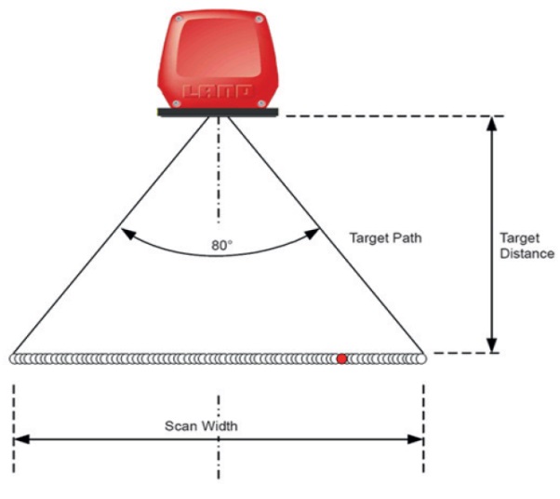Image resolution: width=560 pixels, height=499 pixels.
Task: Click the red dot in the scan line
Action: pyautogui.click(x=341, y=358)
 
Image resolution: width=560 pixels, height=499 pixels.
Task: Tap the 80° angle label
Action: pyautogui.click(x=221, y=245)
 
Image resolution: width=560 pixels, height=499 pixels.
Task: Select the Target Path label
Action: pyautogui.click(x=385, y=237)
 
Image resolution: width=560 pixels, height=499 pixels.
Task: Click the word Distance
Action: pyautogui.click(x=527, y=253)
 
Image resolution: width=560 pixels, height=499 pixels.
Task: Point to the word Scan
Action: pyautogui.click(x=180, y=425)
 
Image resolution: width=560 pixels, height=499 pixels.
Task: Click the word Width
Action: pyautogui.click(x=219, y=425)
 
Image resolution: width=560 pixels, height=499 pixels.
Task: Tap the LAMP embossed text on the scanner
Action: pyautogui.click(x=217, y=91)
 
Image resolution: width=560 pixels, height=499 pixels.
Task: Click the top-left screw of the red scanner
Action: pyautogui.click(x=180, y=19)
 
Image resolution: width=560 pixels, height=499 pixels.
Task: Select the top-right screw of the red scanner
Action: pyautogui.click(x=259, y=19)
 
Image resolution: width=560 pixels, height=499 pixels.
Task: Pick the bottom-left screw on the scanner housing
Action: pyautogui.click(x=176, y=103)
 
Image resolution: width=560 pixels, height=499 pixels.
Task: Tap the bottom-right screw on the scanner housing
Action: pyautogui.click(x=261, y=103)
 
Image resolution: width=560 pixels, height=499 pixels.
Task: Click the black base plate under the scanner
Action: pyautogui.click(x=218, y=113)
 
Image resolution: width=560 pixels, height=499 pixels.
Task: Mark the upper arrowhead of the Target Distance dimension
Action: pyautogui.click(x=492, y=123)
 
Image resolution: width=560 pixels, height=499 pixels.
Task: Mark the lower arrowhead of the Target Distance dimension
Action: pyautogui.click(x=492, y=345)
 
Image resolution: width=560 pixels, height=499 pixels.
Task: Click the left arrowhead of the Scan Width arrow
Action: pyautogui.click(x=21, y=438)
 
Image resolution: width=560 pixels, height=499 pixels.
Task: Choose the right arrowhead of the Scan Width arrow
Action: pyautogui.click(x=416, y=438)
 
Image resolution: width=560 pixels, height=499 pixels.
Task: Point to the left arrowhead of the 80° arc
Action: pyautogui.click(x=128, y=234)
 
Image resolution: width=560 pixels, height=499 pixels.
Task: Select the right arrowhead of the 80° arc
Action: pyautogui.click(x=312, y=234)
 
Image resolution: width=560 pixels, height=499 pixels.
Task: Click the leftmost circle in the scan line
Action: pyautogui.click(x=14, y=358)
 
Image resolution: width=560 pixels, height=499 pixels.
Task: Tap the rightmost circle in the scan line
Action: pyautogui.click(x=421, y=358)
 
